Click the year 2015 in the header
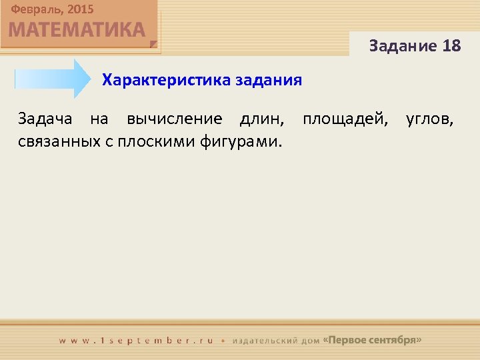click(x=80, y=10)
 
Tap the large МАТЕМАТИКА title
click(x=77, y=30)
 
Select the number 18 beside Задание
click(x=451, y=46)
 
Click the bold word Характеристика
click(x=166, y=81)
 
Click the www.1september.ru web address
click(x=137, y=340)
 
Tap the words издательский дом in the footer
click(x=275, y=340)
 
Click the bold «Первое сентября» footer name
click(x=372, y=340)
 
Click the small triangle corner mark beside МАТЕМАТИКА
click(x=154, y=45)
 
